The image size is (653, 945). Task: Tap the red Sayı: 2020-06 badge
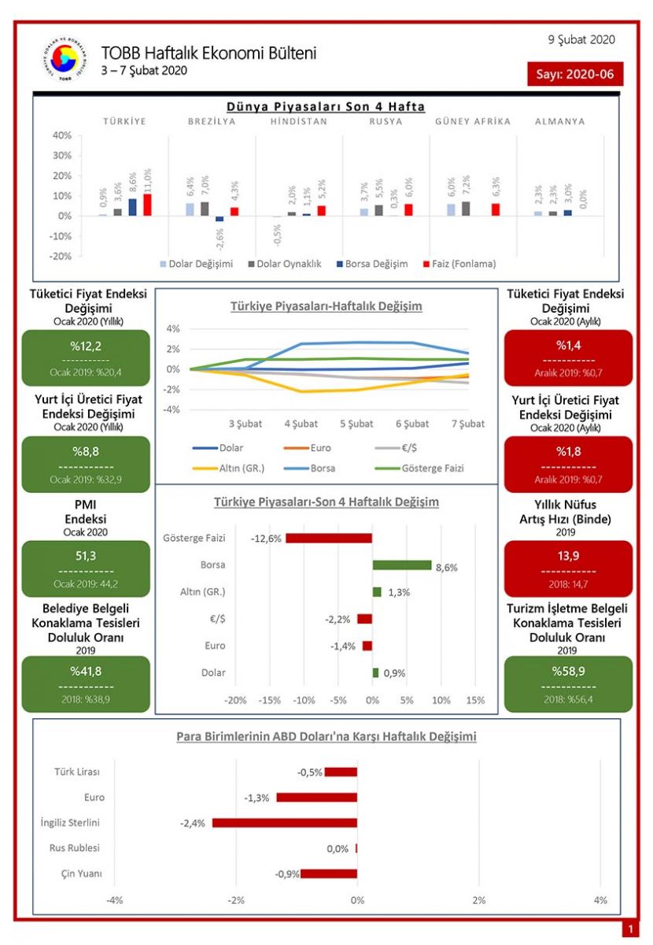[576, 74]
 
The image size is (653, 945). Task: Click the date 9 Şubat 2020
[581, 39]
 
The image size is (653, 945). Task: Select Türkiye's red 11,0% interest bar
[147, 205]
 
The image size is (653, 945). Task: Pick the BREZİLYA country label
[212, 121]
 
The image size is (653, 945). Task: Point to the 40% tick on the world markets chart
[62, 135]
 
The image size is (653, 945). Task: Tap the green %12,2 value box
[86, 354]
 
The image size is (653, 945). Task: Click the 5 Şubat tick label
[356, 424]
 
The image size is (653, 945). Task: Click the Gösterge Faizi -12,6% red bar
[329, 539]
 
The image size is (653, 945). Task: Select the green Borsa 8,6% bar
[402, 565]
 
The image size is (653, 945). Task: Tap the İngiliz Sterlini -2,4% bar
[285, 823]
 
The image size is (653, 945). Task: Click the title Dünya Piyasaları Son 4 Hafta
[326, 106]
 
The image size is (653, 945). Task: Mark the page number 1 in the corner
[630, 930]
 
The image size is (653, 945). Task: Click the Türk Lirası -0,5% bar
[341, 772]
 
